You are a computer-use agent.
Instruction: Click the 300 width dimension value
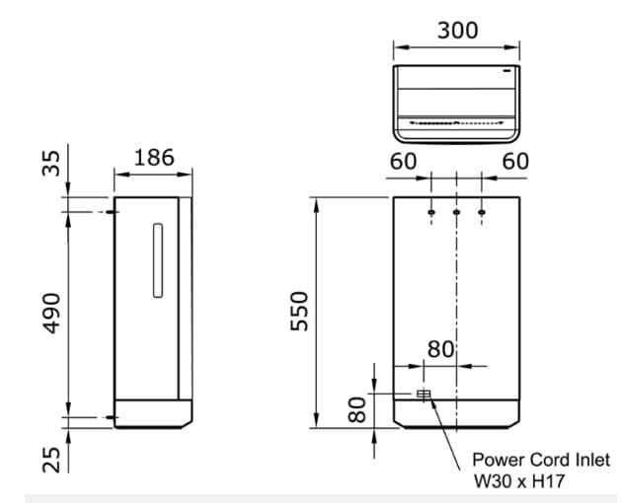[x=457, y=30]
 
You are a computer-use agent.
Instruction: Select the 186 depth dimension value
[x=153, y=157]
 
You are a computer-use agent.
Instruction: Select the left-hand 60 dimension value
[x=403, y=161]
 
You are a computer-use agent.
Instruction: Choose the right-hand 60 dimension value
[x=515, y=161]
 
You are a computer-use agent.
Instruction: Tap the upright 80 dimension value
[x=440, y=349]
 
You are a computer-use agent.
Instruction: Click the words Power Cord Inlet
[x=541, y=460]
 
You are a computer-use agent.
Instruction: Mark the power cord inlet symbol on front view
[x=425, y=395]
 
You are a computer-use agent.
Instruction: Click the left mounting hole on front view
[x=431, y=212]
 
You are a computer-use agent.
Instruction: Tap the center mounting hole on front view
[x=457, y=212]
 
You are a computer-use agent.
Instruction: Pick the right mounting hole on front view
[x=482, y=212]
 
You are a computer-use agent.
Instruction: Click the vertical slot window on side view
[x=155, y=259]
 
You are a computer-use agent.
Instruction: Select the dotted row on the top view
[x=456, y=125]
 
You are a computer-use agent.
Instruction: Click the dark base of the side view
[x=153, y=414]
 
